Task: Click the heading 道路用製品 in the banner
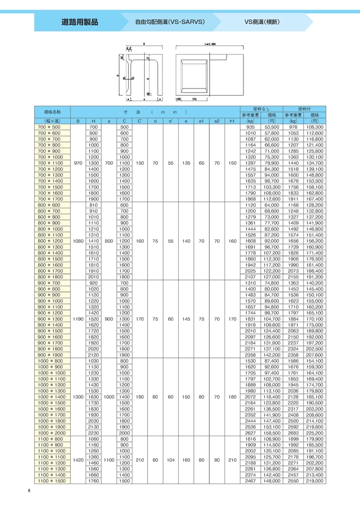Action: (79, 22)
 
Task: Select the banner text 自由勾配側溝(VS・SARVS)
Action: (170, 22)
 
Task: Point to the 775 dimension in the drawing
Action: (194, 99)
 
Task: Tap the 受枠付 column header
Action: (304, 108)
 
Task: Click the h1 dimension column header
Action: (232, 121)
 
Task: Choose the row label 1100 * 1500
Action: (50, 481)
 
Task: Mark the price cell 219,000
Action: (315, 481)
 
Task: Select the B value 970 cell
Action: (78, 163)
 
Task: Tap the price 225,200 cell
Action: (315, 433)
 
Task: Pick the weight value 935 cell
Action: (250, 127)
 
